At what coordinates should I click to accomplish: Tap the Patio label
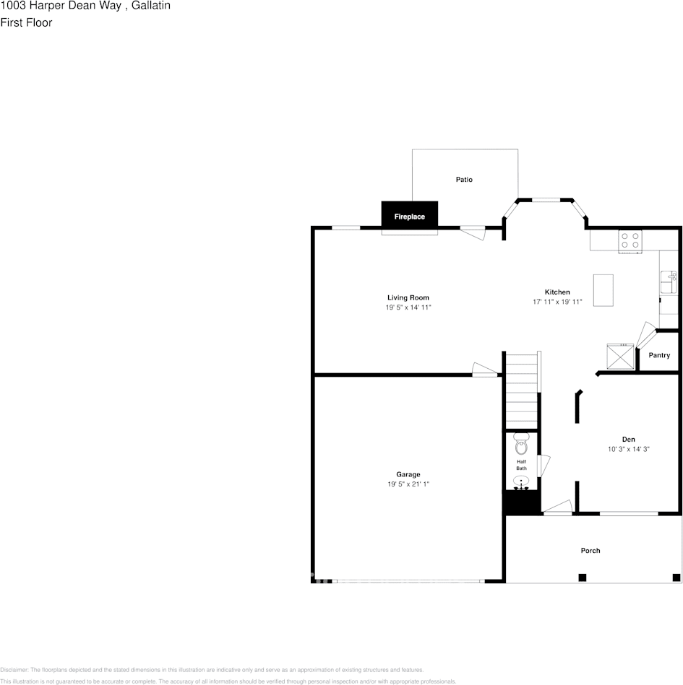click(464, 179)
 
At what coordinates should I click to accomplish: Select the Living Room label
click(408, 297)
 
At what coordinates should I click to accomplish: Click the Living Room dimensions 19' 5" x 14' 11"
click(408, 307)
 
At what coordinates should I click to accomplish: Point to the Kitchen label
click(557, 292)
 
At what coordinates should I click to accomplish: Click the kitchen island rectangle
click(603, 289)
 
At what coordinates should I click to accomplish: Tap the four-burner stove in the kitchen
click(630, 240)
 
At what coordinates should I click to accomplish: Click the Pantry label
click(659, 355)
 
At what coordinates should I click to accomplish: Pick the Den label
click(629, 439)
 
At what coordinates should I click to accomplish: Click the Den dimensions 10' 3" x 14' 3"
click(629, 449)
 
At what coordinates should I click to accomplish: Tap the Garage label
click(408, 474)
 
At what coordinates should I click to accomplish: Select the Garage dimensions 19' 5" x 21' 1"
click(408, 484)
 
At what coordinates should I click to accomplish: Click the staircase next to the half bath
click(522, 390)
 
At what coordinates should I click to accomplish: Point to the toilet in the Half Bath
click(521, 445)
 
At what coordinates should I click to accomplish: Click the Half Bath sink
click(521, 482)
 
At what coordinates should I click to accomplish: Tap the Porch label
click(590, 551)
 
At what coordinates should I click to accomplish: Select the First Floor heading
click(26, 22)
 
